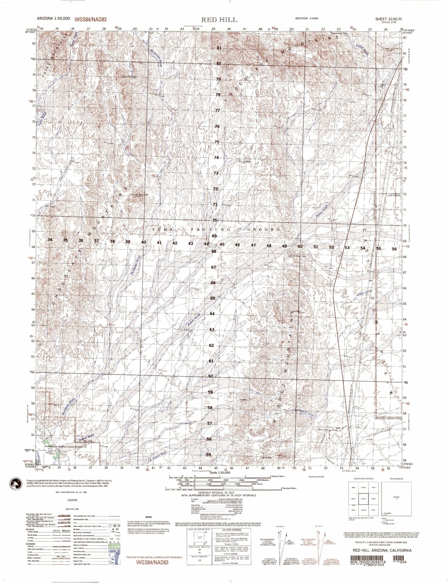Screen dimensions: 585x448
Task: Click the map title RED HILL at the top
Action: (x=220, y=20)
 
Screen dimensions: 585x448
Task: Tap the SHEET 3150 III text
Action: (x=389, y=19)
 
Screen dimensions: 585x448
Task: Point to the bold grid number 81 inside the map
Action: (x=219, y=48)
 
